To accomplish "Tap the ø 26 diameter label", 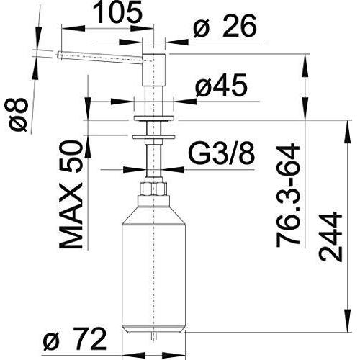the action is click(225, 26).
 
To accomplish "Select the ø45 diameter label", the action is click(221, 85).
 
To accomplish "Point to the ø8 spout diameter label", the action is click(17, 115).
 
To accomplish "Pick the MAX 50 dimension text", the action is click(71, 195).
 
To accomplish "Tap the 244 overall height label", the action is click(330, 237).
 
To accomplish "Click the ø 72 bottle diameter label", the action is click(75, 340).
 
